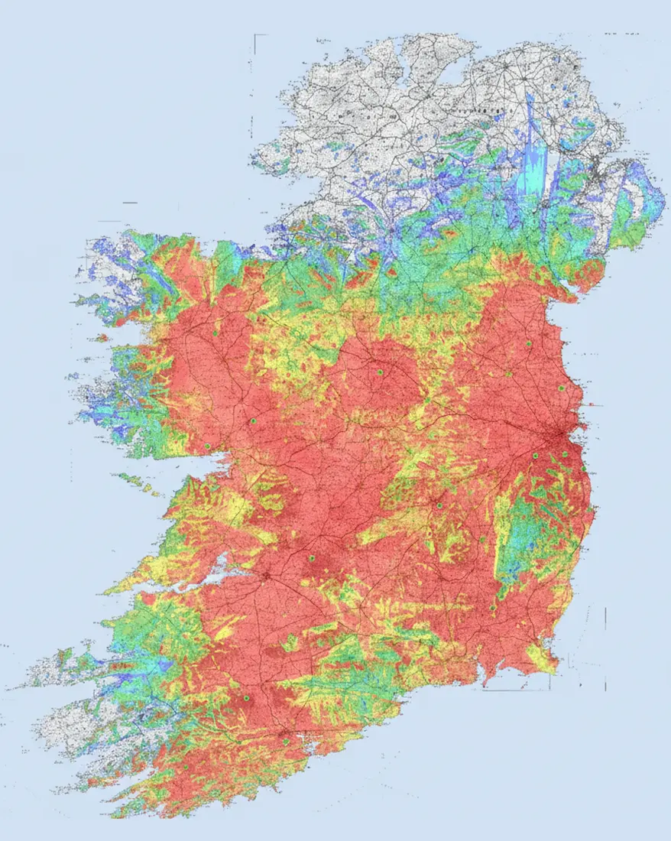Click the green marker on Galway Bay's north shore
[x=206, y=446]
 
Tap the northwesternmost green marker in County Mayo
[x=216, y=334]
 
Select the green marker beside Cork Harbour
[x=285, y=742]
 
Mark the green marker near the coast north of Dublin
[x=561, y=388]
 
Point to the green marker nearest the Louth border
[x=528, y=343]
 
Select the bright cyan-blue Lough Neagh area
[x=533, y=172]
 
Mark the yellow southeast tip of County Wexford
[x=545, y=659]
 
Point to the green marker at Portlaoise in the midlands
[x=439, y=505]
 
